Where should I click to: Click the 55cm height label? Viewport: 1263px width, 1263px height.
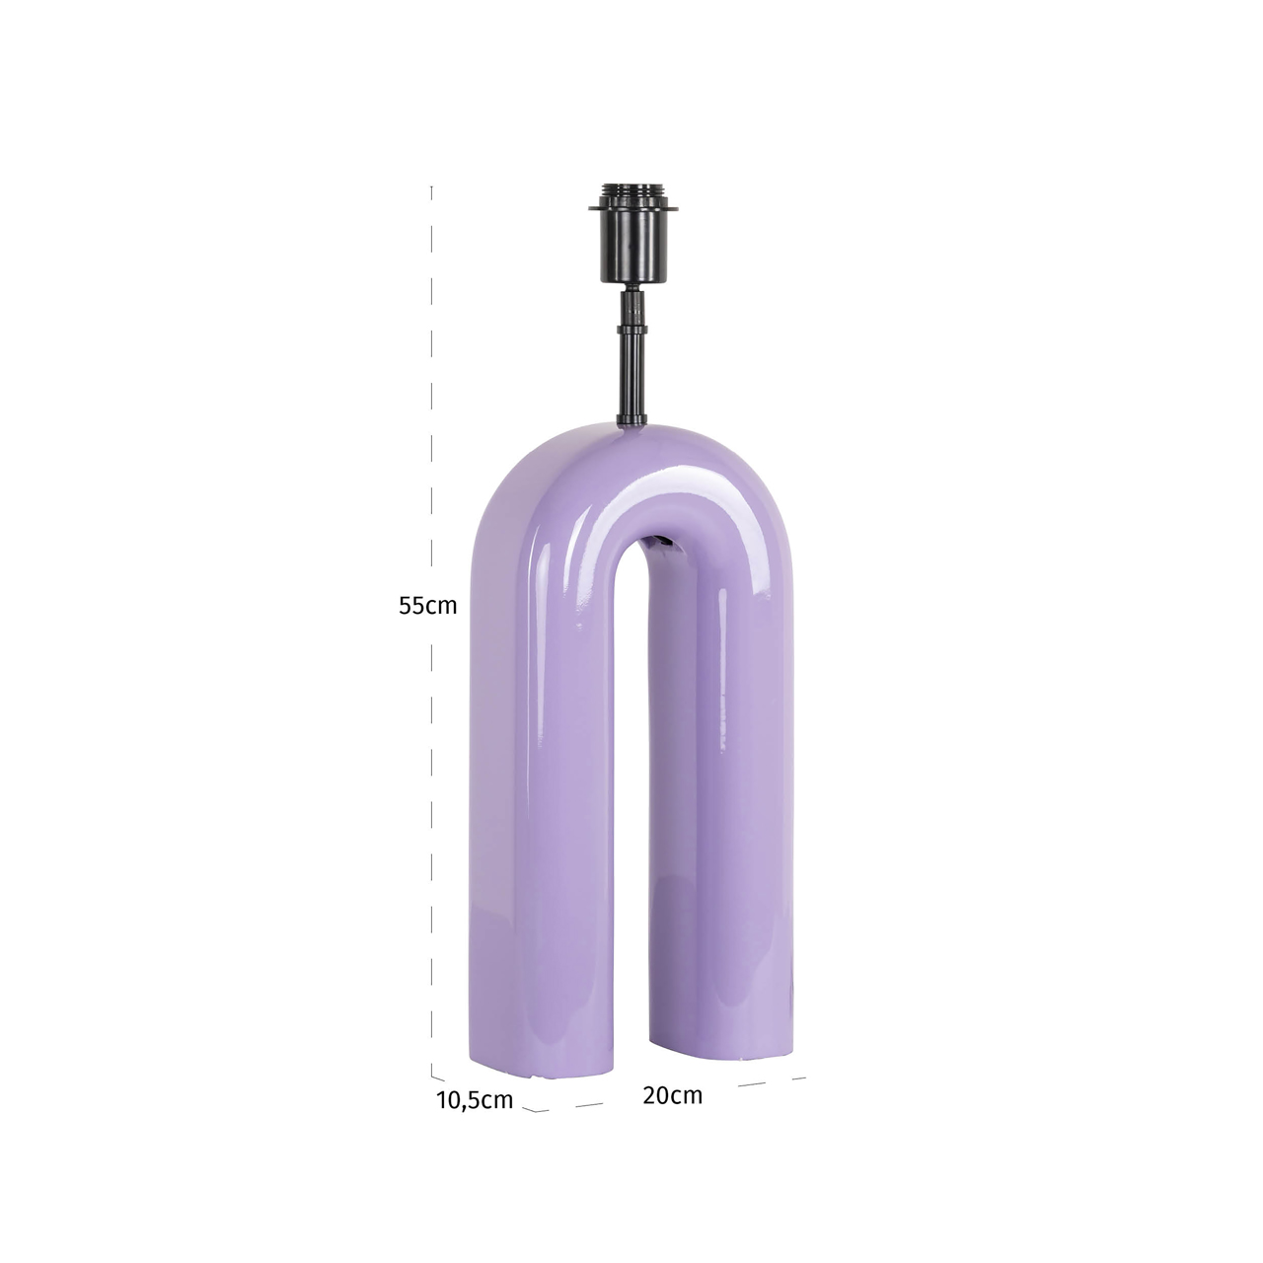coord(427,606)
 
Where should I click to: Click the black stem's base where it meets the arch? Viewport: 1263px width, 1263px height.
coord(629,422)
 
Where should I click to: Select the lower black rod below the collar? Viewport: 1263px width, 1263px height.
coord(629,380)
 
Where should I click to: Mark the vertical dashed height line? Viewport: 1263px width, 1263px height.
coord(432,395)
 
